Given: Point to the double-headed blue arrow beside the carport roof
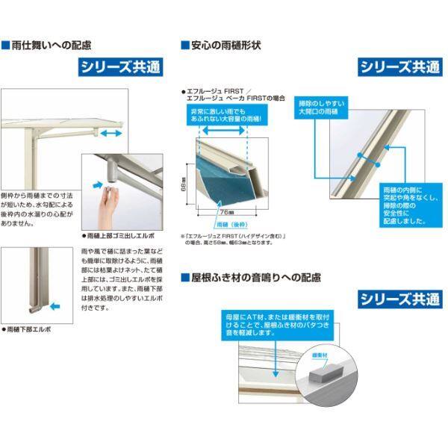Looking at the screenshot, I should tap(113, 132).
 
